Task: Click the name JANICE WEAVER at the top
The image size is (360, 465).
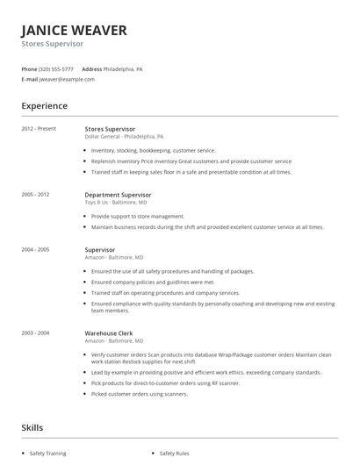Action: pos(75,30)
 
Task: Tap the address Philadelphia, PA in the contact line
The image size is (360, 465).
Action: pos(123,68)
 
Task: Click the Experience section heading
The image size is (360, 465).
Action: pos(45,106)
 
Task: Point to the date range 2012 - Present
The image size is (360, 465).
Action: pos(39,129)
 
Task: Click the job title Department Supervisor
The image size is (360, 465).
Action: pos(118,194)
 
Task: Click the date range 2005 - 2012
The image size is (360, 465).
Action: pos(36,194)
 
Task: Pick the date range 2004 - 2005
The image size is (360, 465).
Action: pos(36,249)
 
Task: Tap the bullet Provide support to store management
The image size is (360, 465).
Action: pos(138,216)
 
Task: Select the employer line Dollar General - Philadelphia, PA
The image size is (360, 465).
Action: pos(124,137)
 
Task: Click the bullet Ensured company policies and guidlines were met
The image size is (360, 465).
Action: pos(153,283)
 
